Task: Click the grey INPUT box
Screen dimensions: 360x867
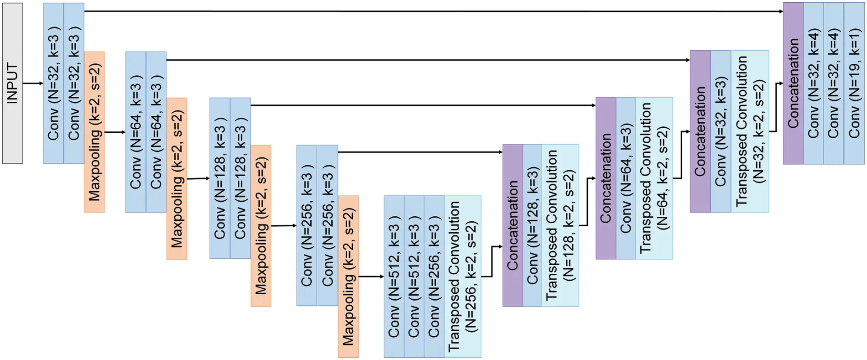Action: tap(12, 83)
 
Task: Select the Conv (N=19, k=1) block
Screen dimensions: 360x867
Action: tap(854, 83)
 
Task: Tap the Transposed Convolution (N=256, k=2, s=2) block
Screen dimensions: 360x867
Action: tap(462, 277)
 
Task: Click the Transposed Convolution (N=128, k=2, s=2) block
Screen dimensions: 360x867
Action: tap(560, 225)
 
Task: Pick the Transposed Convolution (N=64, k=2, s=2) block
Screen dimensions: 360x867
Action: tap(654, 178)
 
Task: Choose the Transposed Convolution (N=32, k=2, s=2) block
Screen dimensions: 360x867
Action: tap(750, 131)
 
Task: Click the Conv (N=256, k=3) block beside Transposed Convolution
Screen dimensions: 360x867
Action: tap(434, 277)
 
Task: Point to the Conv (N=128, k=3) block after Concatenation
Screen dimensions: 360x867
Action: tap(532, 225)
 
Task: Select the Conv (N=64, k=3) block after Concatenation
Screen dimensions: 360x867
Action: tap(626, 178)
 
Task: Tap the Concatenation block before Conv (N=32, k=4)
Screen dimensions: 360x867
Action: tap(793, 83)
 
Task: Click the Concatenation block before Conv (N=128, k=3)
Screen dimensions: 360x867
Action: tap(512, 225)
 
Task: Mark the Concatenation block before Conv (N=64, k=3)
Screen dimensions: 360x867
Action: tap(606, 178)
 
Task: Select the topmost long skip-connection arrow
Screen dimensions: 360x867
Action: tap(433, 11)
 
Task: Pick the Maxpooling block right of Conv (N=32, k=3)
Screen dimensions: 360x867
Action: tap(94, 131)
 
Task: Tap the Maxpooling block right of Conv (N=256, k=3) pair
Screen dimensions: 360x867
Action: tap(348, 277)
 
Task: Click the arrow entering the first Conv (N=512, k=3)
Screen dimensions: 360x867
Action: tap(371, 277)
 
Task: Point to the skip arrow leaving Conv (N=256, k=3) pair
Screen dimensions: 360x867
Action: tap(420, 152)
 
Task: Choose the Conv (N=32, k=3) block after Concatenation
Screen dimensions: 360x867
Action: tap(721, 131)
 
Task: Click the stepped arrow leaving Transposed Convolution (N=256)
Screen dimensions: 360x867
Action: tap(492, 261)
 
